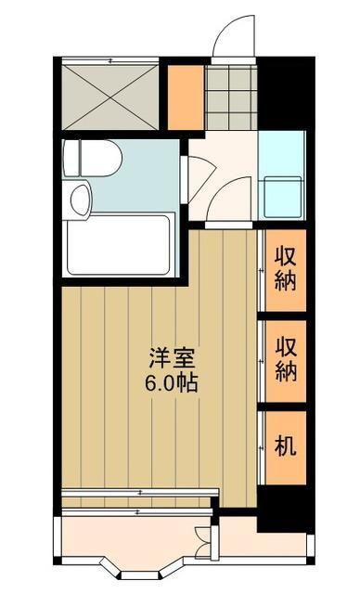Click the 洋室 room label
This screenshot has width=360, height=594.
pos(172,358)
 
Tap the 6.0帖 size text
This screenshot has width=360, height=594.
pos(171,383)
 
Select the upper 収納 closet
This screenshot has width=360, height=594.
pos(286,270)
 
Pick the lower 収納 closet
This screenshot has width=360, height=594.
pos(286,361)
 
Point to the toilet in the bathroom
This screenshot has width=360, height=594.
pos(92,158)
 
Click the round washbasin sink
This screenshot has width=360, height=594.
pos(80,200)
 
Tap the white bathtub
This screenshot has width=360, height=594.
pos(118,245)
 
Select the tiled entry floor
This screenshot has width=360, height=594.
pos(231,97)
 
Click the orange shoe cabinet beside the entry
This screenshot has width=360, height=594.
pos(186,97)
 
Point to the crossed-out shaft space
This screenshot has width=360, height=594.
pos(109,97)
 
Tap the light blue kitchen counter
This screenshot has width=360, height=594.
pos(282,175)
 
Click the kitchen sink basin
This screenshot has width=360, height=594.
pos(283,197)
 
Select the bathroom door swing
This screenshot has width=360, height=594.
pos(201,178)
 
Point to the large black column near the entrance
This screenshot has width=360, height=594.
pos(287,93)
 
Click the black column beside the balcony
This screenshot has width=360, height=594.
pos(286,510)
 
